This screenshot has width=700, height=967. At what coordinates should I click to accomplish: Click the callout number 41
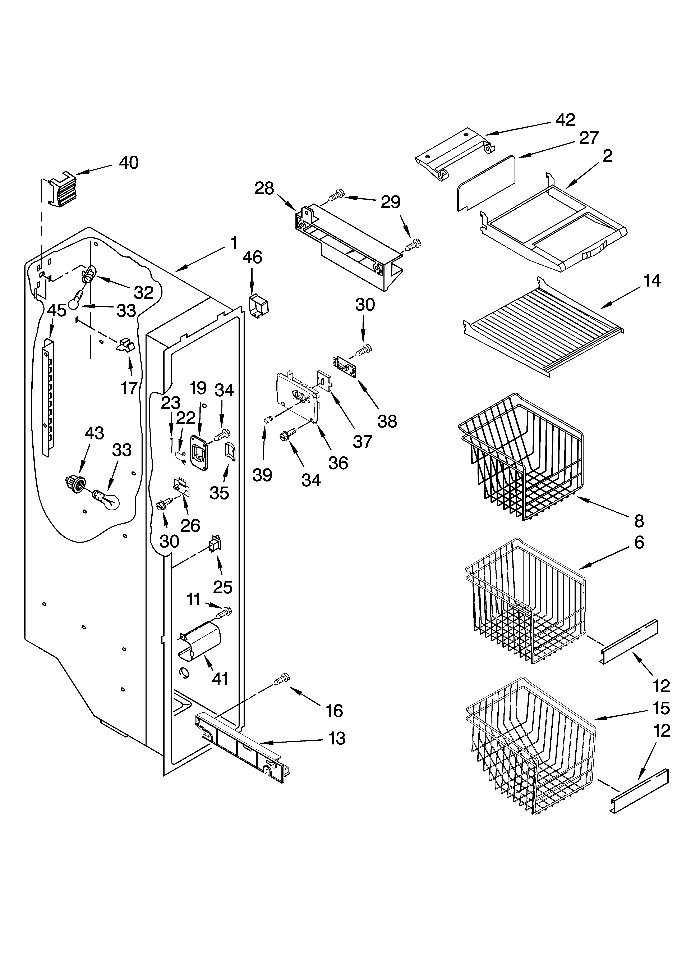click(x=220, y=679)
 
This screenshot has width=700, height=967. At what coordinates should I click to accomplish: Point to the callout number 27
click(x=589, y=138)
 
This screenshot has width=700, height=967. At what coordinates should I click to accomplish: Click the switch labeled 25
click(x=215, y=545)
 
